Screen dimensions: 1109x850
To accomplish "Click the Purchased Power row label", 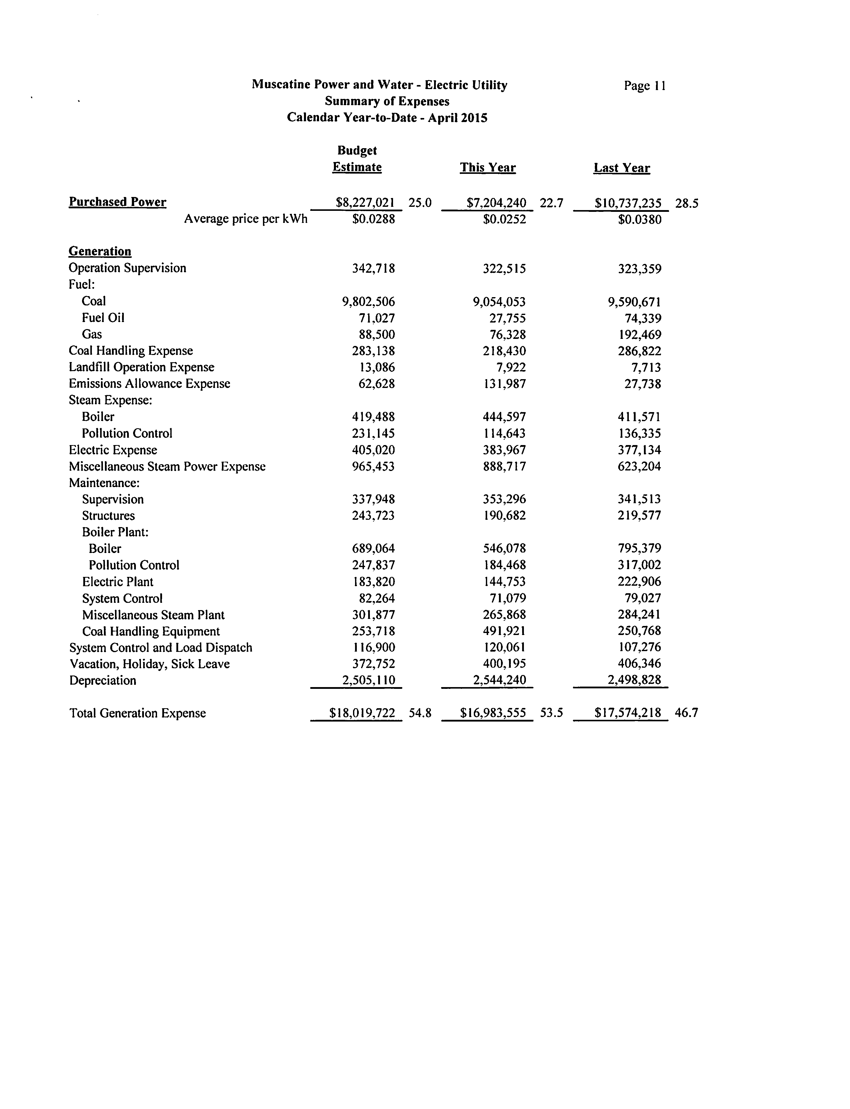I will coord(117,202).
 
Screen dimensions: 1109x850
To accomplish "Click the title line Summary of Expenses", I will coord(387,101).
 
